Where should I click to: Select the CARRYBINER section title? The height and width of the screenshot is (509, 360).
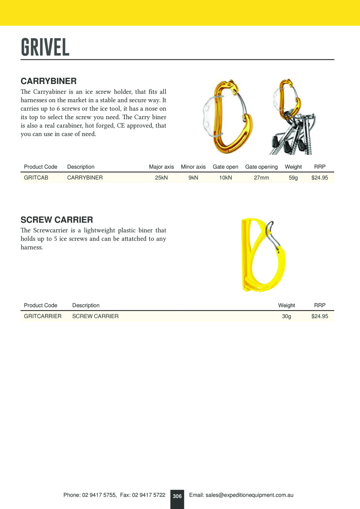click(x=48, y=81)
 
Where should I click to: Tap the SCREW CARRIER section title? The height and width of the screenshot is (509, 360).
click(x=57, y=220)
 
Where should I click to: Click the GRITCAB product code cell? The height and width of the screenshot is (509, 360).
click(x=36, y=178)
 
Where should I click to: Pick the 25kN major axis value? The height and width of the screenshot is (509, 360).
click(x=161, y=178)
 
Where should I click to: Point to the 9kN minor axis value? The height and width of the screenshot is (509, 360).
click(x=193, y=178)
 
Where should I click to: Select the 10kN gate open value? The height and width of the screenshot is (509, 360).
click(x=225, y=178)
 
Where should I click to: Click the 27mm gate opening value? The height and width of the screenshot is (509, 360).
click(x=262, y=178)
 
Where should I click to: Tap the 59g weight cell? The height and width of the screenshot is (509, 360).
click(x=293, y=178)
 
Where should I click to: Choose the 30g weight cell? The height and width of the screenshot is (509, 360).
click(x=287, y=316)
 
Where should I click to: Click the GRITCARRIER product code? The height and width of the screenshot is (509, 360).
click(x=42, y=316)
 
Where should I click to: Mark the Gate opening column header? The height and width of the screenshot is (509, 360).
click(x=262, y=167)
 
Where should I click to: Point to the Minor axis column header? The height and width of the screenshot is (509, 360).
click(x=193, y=167)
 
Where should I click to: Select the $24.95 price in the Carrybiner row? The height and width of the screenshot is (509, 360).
click(x=320, y=178)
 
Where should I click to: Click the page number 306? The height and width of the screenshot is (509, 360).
click(x=177, y=496)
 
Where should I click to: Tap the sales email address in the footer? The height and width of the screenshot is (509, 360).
click(x=241, y=495)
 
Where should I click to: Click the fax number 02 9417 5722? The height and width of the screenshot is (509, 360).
click(x=149, y=495)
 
